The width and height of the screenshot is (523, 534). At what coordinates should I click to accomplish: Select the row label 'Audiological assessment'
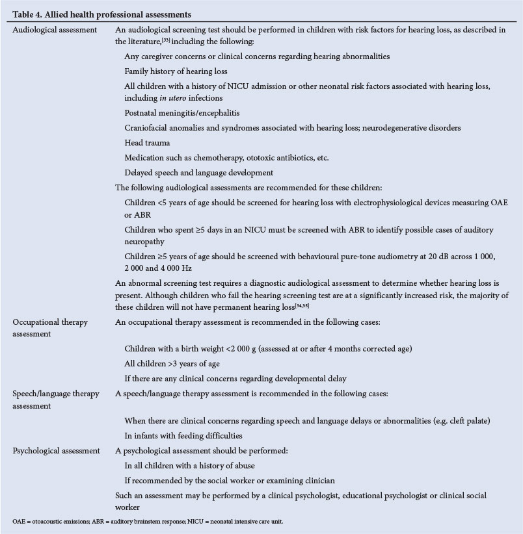click(x=55, y=29)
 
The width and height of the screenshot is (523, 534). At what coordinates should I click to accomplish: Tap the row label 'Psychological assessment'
click(x=57, y=450)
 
